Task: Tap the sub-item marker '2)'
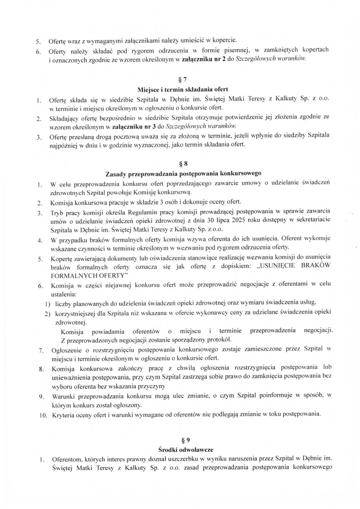click(x=48, y=313)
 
